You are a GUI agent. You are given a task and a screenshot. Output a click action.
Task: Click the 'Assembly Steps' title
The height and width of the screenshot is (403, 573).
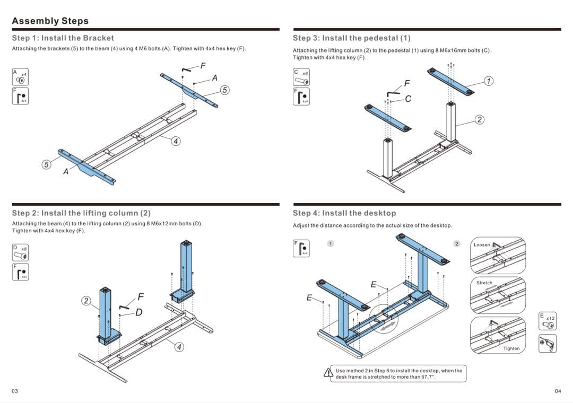click(x=50, y=21)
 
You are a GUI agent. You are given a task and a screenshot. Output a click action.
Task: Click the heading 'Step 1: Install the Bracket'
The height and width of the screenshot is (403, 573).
click(x=63, y=38)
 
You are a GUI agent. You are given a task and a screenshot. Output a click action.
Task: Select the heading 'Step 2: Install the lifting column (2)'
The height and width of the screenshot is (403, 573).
click(x=81, y=213)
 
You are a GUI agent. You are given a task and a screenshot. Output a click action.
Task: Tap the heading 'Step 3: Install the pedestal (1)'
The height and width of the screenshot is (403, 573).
click(x=351, y=38)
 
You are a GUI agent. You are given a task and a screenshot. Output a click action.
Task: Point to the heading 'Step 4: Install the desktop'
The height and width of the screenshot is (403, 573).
click(x=344, y=213)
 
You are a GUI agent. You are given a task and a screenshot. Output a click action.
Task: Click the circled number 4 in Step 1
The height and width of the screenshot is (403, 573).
click(x=176, y=141)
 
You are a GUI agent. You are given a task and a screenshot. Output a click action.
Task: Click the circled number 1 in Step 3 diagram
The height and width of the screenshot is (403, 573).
click(x=489, y=81)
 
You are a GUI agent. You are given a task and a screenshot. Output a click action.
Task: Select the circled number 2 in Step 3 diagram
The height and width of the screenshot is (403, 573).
click(x=480, y=119)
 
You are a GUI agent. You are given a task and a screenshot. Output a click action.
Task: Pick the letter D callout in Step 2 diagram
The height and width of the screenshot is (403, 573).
click(x=138, y=312)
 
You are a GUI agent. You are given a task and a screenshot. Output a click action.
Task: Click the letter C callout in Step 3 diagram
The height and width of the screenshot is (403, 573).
click(x=407, y=98)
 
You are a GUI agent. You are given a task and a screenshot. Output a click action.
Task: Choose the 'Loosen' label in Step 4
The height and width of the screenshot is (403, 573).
click(x=482, y=245)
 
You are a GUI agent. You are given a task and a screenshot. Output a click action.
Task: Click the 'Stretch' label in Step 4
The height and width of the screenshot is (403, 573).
click(x=484, y=283)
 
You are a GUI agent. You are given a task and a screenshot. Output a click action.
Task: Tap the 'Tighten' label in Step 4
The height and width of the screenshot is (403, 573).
click(x=511, y=348)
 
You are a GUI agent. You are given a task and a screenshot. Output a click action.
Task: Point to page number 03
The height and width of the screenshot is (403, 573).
click(x=15, y=391)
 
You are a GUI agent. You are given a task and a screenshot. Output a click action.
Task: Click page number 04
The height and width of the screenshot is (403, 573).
click(x=558, y=391)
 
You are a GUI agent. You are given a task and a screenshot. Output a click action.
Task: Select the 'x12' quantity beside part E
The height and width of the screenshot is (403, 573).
click(x=551, y=318)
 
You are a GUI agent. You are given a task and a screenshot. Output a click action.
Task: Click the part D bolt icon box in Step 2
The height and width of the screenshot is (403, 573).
click(x=20, y=252)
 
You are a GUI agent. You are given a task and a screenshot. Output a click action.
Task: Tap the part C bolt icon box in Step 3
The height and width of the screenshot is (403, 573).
click(x=300, y=77)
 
